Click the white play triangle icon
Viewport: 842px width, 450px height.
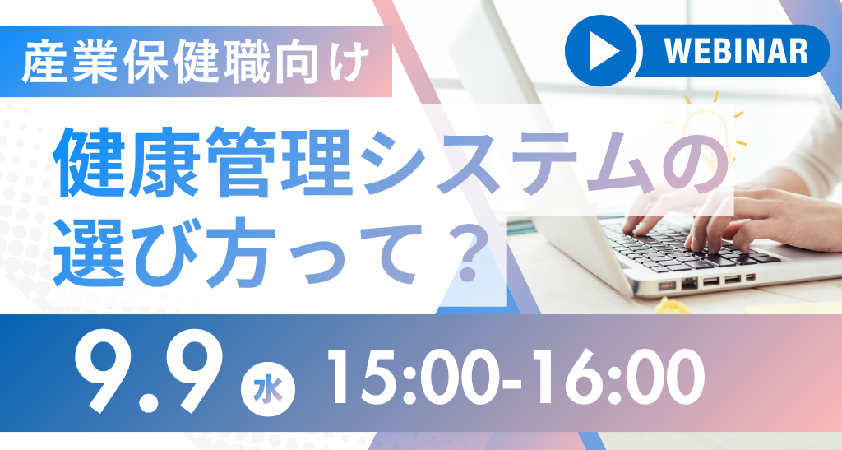coord(604,52)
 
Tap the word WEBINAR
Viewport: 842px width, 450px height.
coord(736,52)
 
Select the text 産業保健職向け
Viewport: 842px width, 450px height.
coord(197,63)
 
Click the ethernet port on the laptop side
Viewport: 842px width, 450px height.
coord(689,283)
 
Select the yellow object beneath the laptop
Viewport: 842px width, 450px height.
coord(671,306)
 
